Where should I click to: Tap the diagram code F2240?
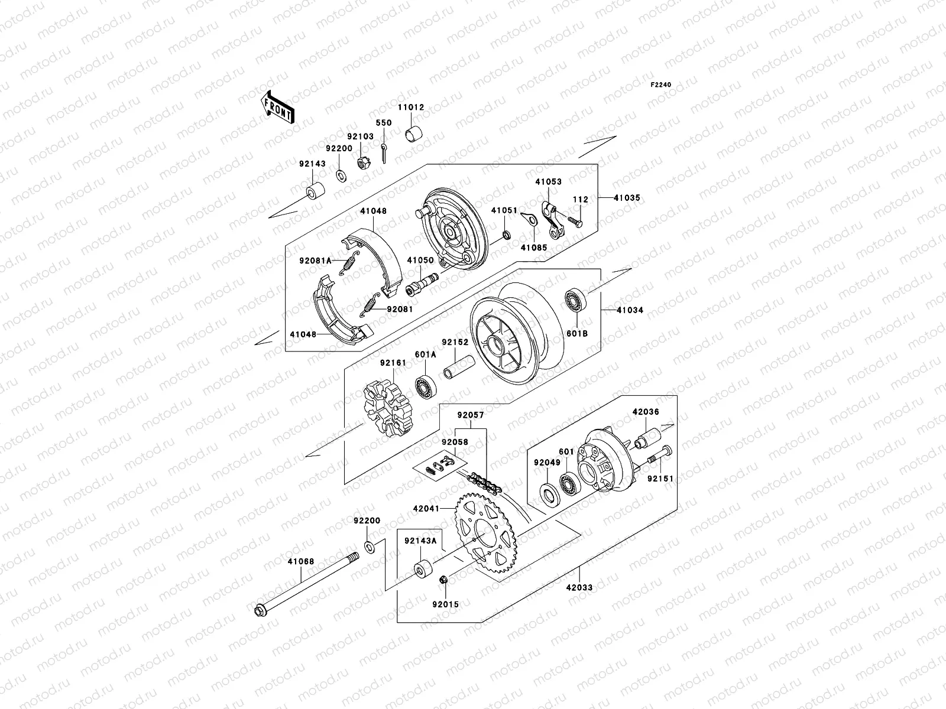661,85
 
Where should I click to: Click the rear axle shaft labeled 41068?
307,584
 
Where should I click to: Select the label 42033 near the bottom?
578,587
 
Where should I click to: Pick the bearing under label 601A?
426,386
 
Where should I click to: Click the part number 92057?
470,415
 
